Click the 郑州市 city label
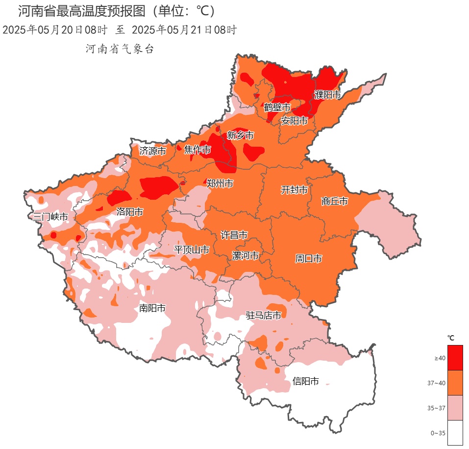(219, 184)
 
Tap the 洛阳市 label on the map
(130, 212)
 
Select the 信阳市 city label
(306, 381)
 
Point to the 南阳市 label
(152, 308)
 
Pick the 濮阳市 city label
(327, 95)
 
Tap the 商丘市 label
(335, 201)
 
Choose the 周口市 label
(308, 258)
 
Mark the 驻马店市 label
(264, 315)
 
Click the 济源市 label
(152, 151)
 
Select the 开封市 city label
(294, 190)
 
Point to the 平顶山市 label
(192, 250)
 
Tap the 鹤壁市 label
(277, 107)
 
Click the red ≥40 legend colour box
(455, 358)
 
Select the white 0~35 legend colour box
(455, 433)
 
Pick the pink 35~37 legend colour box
(455, 408)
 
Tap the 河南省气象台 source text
(120, 49)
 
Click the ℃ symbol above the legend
(451, 338)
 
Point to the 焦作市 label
(197, 150)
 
